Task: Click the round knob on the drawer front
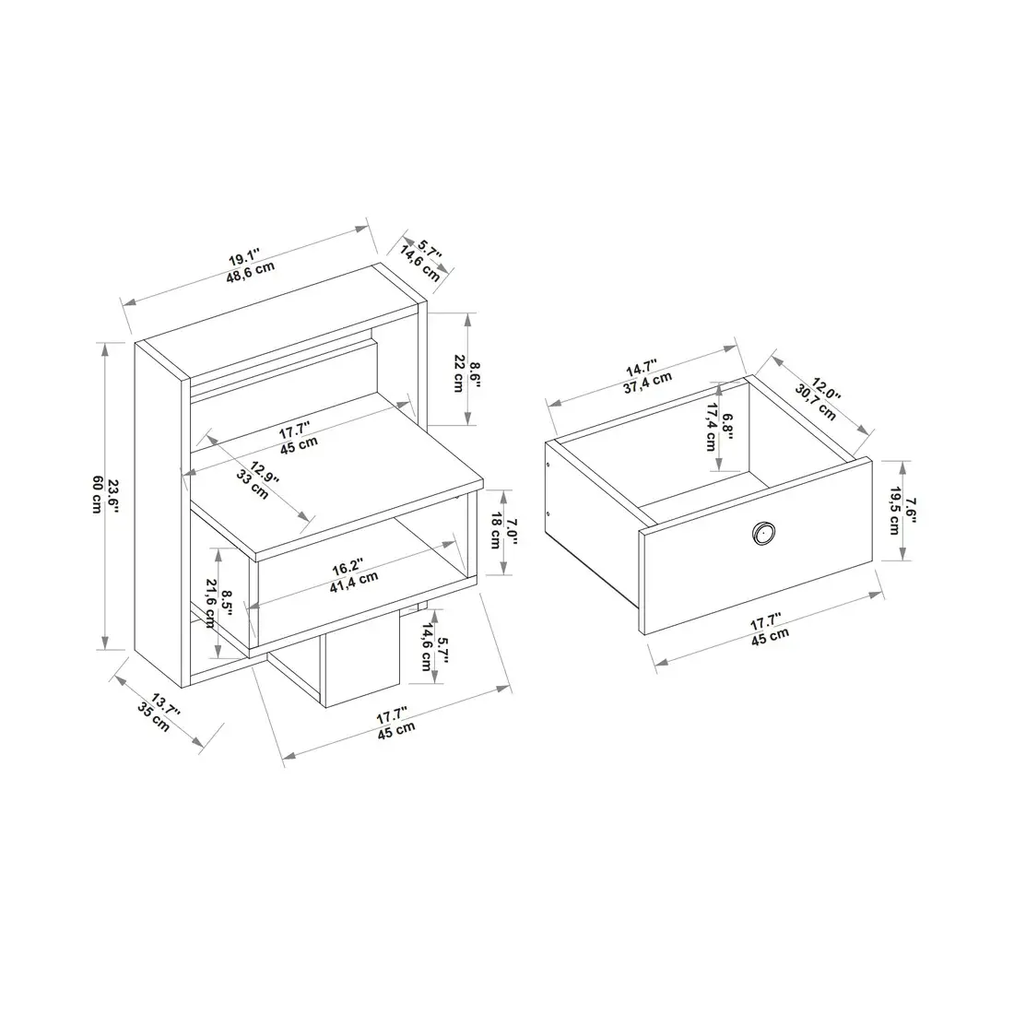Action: [x=762, y=532]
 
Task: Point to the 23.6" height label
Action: [x=113, y=494]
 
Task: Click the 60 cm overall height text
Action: [x=96, y=494]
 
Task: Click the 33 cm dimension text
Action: [x=253, y=483]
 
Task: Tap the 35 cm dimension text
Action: [x=153, y=716]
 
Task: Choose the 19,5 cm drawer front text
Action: [x=892, y=511]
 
